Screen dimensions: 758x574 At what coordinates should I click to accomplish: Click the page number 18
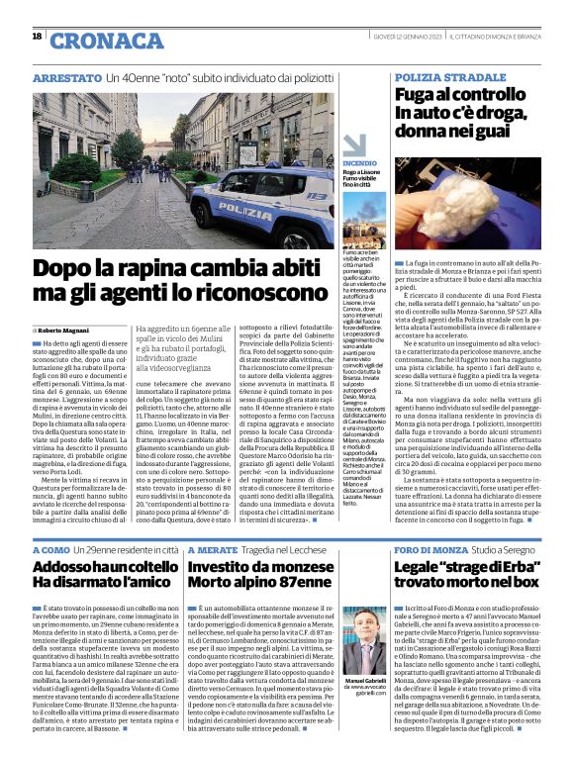tap(37, 37)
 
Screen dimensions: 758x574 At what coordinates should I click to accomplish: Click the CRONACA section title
tap(97, 40)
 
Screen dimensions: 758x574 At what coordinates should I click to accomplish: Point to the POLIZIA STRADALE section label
tap(449, 76)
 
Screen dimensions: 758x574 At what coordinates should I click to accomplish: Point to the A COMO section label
tap(51, 548)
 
